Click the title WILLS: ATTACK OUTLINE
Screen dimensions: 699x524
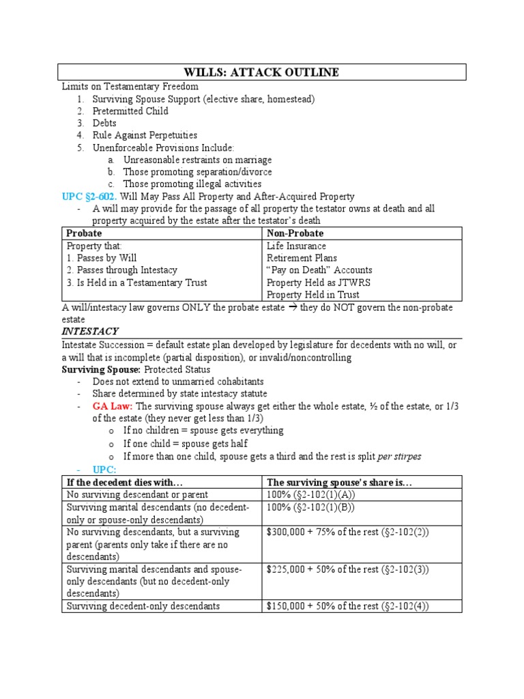tap(261, 73)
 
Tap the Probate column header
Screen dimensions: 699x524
tap(84, 233)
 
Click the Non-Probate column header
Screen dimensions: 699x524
tap(295, 233)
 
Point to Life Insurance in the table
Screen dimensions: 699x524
tap(296, 246)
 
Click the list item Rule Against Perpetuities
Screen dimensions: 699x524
tap(145, 136)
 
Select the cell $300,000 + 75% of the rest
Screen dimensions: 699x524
tap(347, 532)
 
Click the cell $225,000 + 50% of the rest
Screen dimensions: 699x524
tap(347, 569)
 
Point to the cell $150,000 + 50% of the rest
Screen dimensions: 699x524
tap(347, 606)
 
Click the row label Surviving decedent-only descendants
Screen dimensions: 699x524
tap(142, 606)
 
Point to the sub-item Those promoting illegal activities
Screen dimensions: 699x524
tap(192, 184)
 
